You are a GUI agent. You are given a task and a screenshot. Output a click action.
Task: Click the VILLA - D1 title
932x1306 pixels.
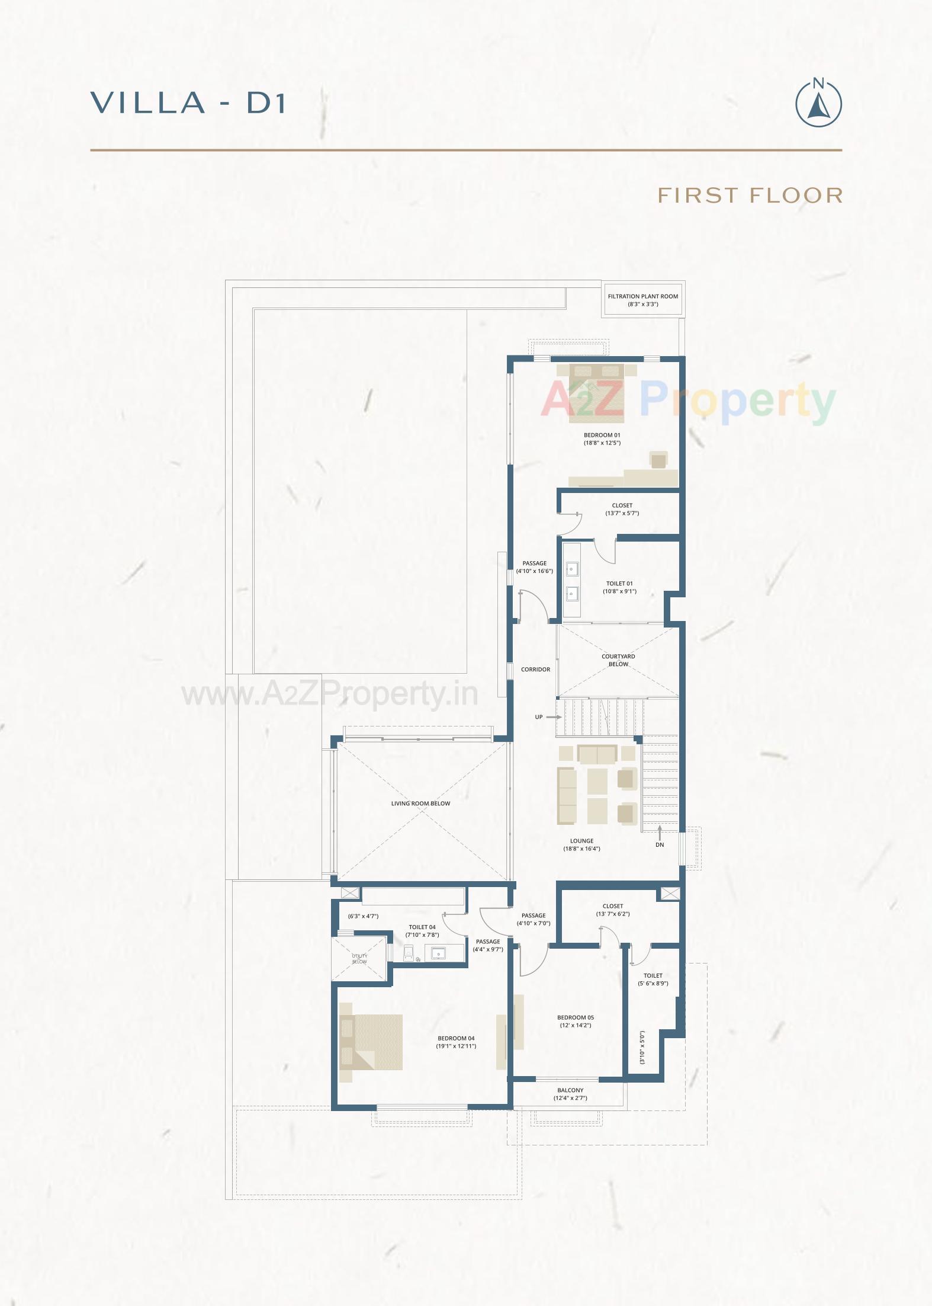(x=189, y=103)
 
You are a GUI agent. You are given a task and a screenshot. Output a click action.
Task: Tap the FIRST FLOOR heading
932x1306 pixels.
(x=750, y=195)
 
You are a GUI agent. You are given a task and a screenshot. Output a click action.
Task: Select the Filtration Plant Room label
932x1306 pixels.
(x=643, y=296)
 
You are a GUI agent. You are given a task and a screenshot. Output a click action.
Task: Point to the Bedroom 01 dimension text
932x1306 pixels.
(x=602, y=443)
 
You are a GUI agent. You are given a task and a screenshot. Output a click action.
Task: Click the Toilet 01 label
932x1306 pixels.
(x=619, y=583)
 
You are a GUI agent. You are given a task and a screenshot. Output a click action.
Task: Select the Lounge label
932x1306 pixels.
(x=581, y=841)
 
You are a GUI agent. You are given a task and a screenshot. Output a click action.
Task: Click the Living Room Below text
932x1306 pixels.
(x=420, y=804)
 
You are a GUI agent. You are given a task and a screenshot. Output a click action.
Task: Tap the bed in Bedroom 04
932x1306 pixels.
(x=372, y=1042)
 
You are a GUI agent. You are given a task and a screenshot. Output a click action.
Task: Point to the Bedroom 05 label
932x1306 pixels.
(x=576, y=1017)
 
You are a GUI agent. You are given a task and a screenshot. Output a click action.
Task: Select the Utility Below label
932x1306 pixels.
(x=359, y=959)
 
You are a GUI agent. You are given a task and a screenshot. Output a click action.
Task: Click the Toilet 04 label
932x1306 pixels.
(x=422, y=927)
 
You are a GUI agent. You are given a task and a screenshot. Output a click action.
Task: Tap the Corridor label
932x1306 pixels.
(x=535, y=670)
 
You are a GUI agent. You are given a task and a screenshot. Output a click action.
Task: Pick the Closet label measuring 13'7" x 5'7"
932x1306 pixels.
(x=622, y=506)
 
